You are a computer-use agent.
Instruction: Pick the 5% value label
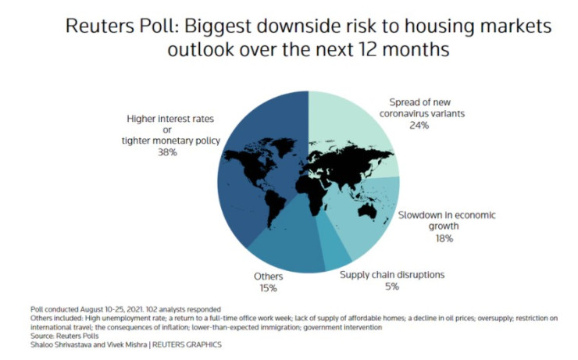[391, 287]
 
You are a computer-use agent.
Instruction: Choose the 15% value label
[268, 288]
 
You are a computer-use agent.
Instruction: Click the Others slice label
[268, 276]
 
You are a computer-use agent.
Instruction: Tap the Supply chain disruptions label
[391, 275]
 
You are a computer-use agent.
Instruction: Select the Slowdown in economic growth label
[447, 220]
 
